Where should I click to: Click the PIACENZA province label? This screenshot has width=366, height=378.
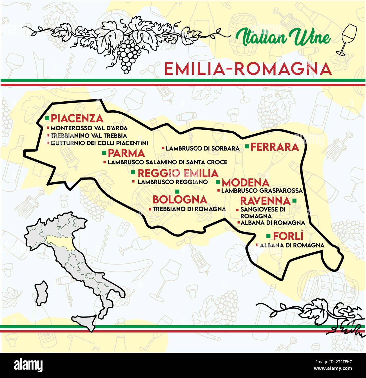tap(77, 119)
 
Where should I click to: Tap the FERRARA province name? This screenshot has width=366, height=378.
tap(274, 147)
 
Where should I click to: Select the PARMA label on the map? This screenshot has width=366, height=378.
tap(126, 153)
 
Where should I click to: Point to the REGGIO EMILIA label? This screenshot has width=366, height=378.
tap(178, 173)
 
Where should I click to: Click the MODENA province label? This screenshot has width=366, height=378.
tap(246, 183)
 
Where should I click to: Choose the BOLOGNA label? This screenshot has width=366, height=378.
tap(180, 200)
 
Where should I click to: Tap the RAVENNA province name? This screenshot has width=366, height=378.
tap(265, 201)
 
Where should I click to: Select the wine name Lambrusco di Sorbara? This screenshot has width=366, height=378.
tap(202, 148)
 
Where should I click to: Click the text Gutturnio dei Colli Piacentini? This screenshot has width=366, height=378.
tap(99, 143)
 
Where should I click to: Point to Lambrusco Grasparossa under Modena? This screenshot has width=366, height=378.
tap(262, 191)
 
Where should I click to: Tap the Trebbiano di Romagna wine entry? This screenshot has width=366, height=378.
tap(189, 209)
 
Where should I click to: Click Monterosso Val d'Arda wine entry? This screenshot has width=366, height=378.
tap(89, 128)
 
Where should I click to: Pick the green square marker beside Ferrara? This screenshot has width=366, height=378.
tap(247, 146)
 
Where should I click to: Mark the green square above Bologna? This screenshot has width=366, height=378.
tap(177, 192)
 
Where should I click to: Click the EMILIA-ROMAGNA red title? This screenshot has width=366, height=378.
tap(248, 69)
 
